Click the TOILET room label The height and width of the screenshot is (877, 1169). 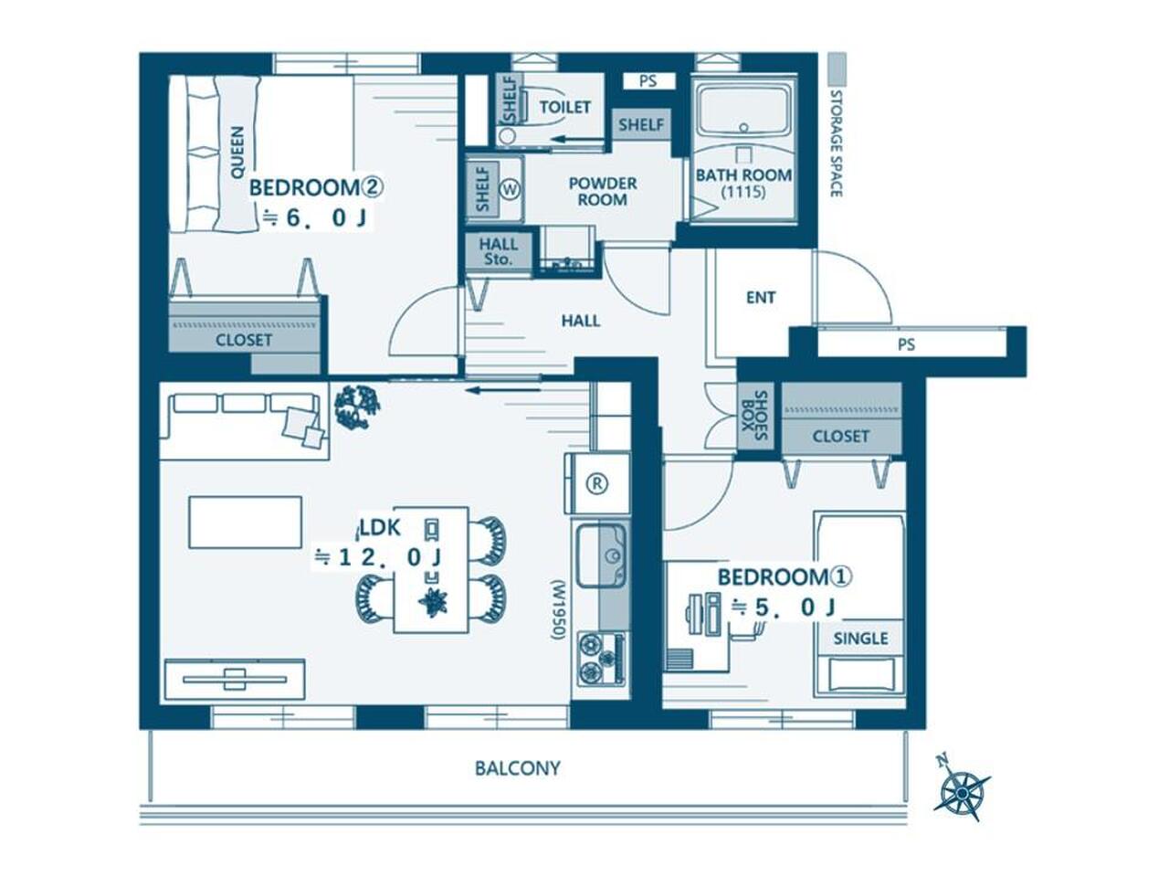(x=564, y=107)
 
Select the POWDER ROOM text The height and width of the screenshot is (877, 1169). (x=603, y=192)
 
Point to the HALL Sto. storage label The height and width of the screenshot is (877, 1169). (x=498, y=252)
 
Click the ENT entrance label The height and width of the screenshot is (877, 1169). (x=761, y=298)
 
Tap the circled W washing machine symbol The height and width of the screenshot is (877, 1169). (x=511, y=189)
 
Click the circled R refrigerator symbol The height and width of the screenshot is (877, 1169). (x=597, y=483)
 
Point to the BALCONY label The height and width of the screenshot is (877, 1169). (x=518, y=768)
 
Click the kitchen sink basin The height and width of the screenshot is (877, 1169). (x=602, y=555)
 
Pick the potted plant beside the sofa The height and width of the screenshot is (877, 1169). (x=356, y=407)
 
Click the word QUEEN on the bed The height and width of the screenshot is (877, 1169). (x=237, y=153)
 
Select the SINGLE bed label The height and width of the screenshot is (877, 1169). (x=860, y=638)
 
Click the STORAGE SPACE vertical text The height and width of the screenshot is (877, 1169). (x=837, y=143)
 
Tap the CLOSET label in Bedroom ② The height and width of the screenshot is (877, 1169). (x=243, y=340)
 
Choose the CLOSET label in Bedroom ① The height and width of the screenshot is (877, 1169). (x=840, y=437)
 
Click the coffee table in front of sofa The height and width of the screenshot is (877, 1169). (x=246, y=522)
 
